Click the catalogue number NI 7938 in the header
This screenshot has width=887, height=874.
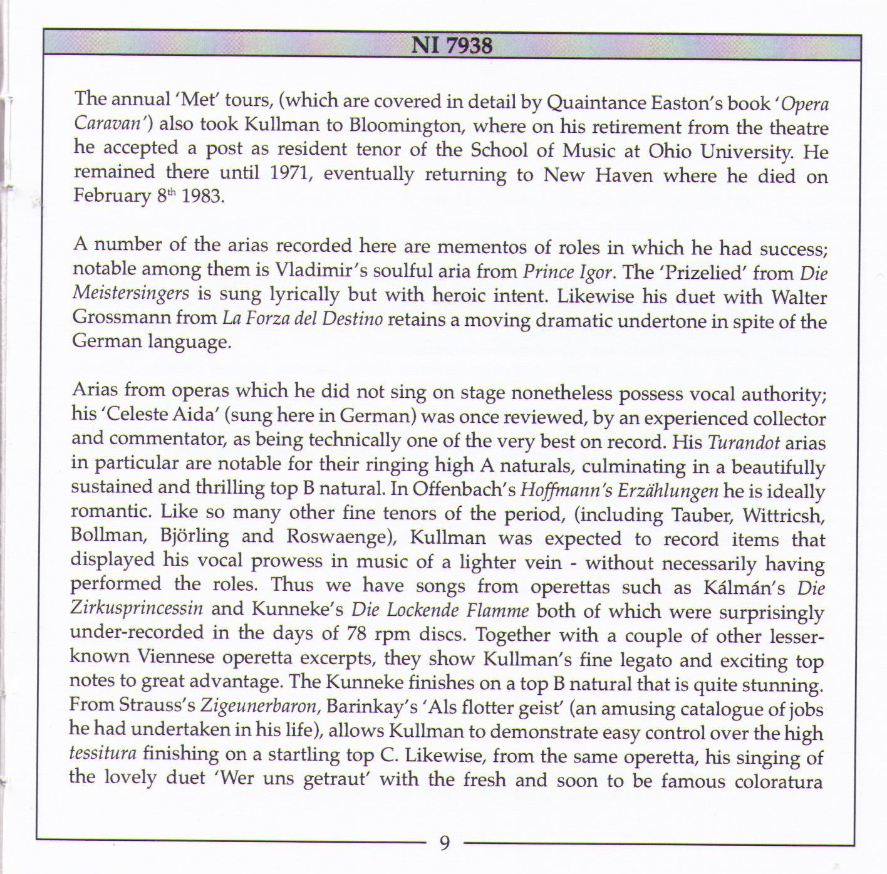tap(452, 46)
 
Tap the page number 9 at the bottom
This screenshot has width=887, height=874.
tap(445, 843)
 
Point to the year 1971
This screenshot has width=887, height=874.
tap(290, 172)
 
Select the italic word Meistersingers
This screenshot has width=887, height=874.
tap(131, 293)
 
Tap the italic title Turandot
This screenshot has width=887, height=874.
tap(744, 443)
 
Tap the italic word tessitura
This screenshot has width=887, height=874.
tap(100, 753)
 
